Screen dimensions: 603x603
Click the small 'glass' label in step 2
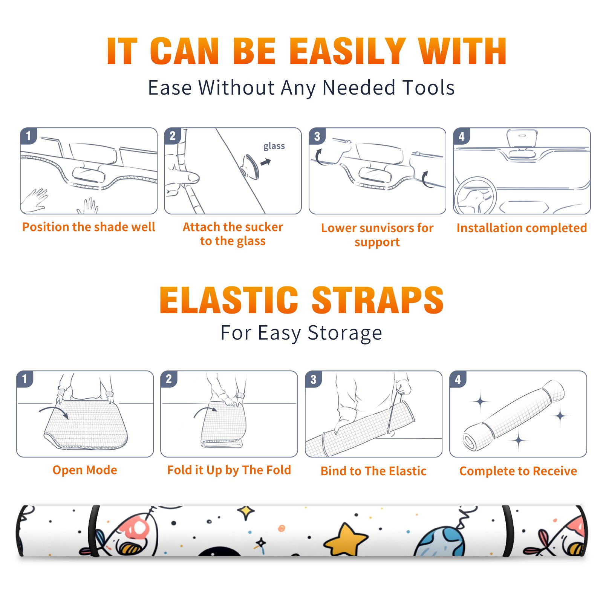[x=274, y=146]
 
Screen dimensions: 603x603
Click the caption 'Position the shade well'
[x=89, y=227]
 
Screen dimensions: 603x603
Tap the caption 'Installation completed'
[x=522, y=228]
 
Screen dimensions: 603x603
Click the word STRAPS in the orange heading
[x=378, y=300]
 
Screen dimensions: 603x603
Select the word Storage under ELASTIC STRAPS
[x=345, y=333]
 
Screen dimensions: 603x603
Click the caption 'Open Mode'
[x=85, y=470]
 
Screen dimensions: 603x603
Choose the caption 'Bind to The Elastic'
[x=373, y=471]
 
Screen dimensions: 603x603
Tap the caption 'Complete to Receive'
[x=518, y=471]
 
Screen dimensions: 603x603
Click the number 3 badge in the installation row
[x=317, y=136]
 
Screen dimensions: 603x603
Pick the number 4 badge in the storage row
[x=458, y=379]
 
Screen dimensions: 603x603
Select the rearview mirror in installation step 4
[x=522, y=138]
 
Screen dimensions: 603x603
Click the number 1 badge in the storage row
[x=24, y=379]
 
